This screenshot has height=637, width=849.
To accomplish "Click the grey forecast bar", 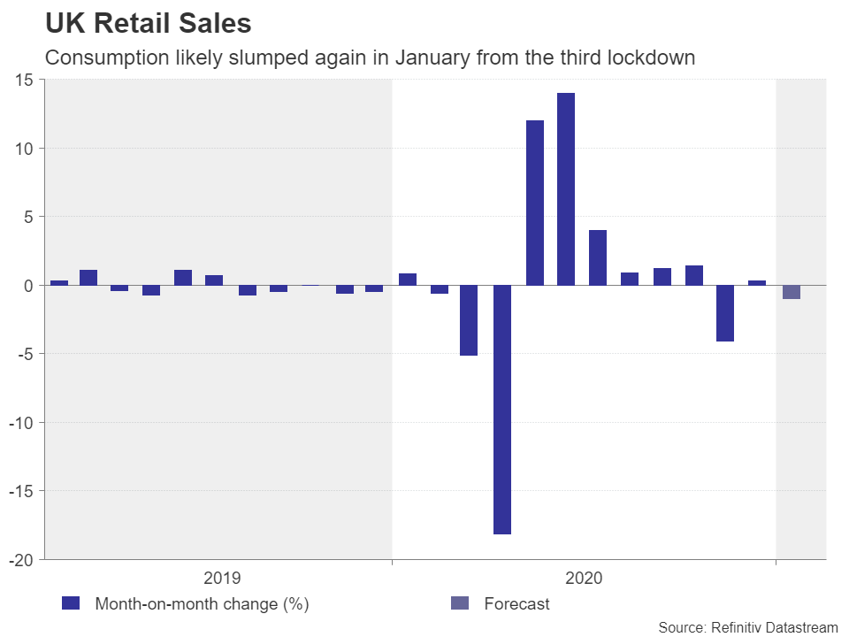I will click(x=792, y=292).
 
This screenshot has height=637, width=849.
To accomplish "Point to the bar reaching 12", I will click(x=535, y=203).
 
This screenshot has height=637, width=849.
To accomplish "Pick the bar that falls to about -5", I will click(x=469, y=320).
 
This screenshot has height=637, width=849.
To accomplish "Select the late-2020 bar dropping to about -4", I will click(x=725, y=313).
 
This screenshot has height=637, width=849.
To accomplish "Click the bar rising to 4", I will click(x=598, y=257).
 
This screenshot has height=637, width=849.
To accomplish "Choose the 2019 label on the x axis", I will click(x=221, y=579).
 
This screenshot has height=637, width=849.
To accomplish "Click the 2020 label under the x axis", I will click(x=584, y=579).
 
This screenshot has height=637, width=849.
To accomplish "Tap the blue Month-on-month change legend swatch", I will click(x=71, y=604).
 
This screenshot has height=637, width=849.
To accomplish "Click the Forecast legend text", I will click(x=516, y=604).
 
